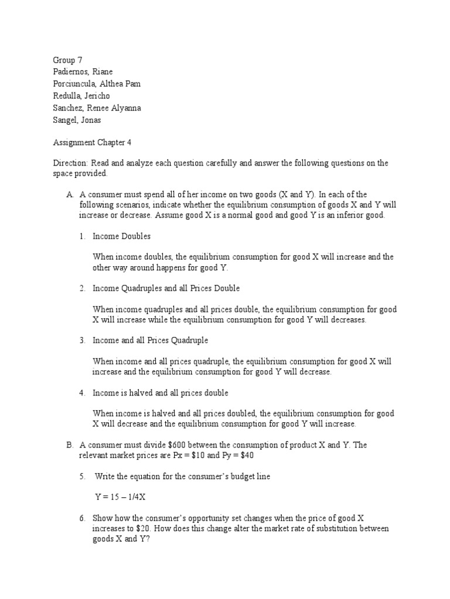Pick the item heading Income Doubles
(x=122, y=236)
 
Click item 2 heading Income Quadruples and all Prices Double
(x=166, y=288)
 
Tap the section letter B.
(x=70, y=445)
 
